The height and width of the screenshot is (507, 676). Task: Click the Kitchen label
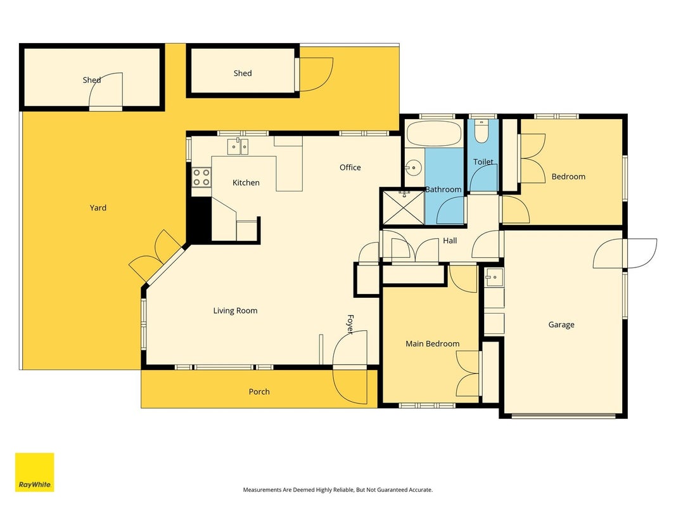point(246,183)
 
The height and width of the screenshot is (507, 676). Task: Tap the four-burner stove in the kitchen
point(201,177)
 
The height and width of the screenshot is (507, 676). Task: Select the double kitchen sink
point(238,146)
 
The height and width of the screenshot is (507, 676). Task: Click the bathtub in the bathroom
point(435,133)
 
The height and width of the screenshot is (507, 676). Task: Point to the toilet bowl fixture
point(481,131)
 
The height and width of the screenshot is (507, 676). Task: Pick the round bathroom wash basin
point(414,167)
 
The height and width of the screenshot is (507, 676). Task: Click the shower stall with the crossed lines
point(404,207)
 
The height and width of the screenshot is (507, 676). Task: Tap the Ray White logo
point(34,472)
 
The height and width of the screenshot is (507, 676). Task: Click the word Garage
point(561,324)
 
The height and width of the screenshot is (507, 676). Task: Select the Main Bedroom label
point(433,343)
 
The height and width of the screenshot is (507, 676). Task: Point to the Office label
point(350,167)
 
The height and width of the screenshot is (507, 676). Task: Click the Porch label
point(259,392)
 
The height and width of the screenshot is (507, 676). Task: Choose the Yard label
point(98,208)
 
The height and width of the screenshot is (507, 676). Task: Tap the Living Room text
point(236,311)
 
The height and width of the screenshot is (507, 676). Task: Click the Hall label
point(450,241)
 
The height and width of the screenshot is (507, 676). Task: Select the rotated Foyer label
point(350,324)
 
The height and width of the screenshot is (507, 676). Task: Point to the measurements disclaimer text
point(338,490)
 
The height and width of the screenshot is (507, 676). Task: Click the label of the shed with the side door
point(243,74)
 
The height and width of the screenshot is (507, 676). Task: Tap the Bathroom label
point(443,189)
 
